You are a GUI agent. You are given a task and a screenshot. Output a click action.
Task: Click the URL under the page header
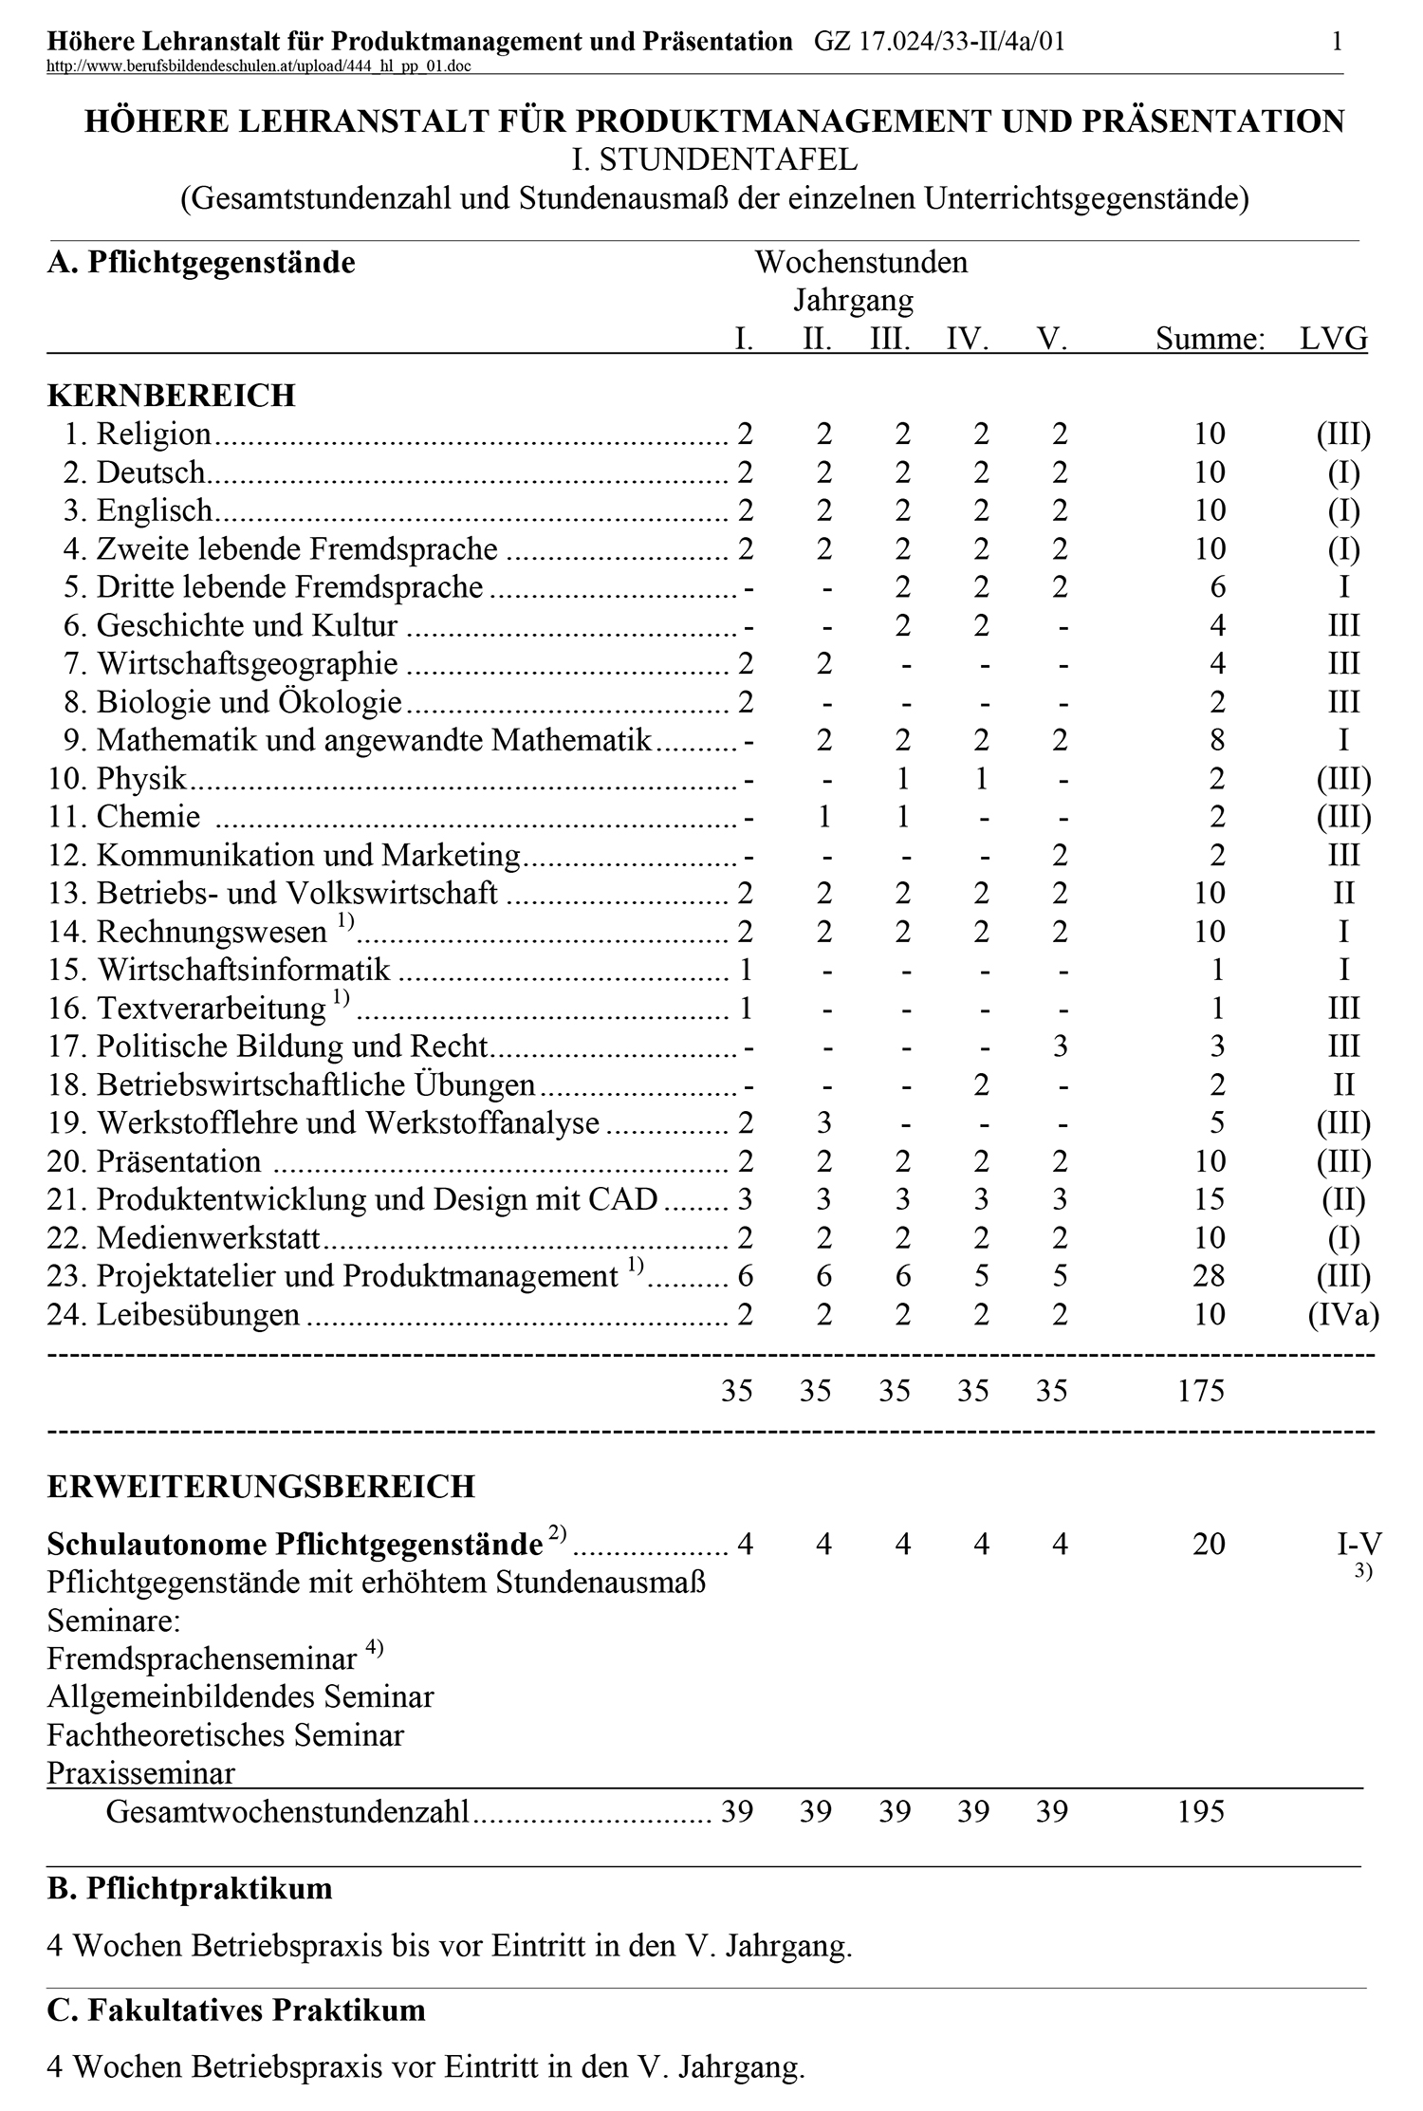pyautogui.click(x=258, y=65)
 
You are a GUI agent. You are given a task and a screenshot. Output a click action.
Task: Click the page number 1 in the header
pyautogui.click(x=1337, y=41)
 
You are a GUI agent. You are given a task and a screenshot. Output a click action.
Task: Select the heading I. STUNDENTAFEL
pyautogui.click(x=713, y=159)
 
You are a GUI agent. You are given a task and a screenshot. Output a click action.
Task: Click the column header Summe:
pyautogui.click(x=1210, y=339)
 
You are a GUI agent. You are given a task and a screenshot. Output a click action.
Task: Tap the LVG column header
pyautogui.click(x=1333, y=339)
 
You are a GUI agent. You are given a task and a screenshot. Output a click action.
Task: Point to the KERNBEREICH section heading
pyautogui.click(x=171, y=396)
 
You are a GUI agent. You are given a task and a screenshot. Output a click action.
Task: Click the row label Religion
pyautogui.click(x=154, y=435)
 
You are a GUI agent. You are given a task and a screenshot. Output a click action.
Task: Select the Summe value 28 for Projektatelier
pyautogui.click(x=1209, y=1276)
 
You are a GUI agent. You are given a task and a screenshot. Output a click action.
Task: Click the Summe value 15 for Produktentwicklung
pyautogui.click(x=1209, y=1200)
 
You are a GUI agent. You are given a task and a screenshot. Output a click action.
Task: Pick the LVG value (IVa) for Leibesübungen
pyautogui.click(x=1343, y=1314)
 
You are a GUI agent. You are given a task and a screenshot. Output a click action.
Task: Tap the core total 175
pyautogui.click(x=1201, y=1391)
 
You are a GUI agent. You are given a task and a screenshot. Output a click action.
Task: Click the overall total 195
pyautogui.click(x=1201, y=1811)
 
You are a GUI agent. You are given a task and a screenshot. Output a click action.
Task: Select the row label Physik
pyautogui.click(x=141, y=779)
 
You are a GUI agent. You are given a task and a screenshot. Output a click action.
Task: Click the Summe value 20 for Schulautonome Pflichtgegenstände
pyautogui.click(x=1209, y=1544)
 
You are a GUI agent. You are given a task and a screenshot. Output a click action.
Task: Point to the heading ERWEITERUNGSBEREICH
pyautogui.click(x=261, y=1487)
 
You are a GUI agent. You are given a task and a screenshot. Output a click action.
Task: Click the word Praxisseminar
pyautogui.click(x=140, y=1773)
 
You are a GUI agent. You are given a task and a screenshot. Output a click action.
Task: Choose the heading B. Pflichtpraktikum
pyautogui.click(x=190, y=1888)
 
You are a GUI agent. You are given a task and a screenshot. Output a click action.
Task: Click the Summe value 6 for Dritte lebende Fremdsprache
pyautogui.click(x=1217, y=587)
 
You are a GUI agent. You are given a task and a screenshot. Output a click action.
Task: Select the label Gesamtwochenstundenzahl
pyautogui.click(x=287, y=1812)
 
